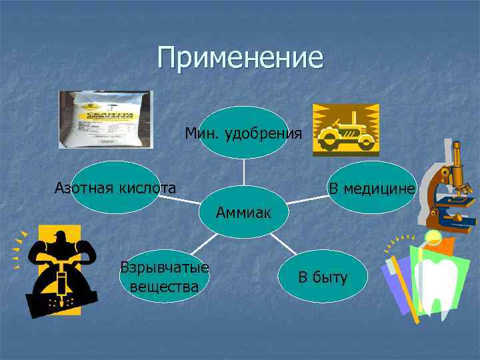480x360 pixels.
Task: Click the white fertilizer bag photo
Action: pyautogui.click(x=105, y=119)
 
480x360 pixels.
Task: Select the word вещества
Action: pyautogui.click(x=165, y=287)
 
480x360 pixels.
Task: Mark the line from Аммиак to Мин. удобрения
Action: pyautogui.click(x=243, y=176)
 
